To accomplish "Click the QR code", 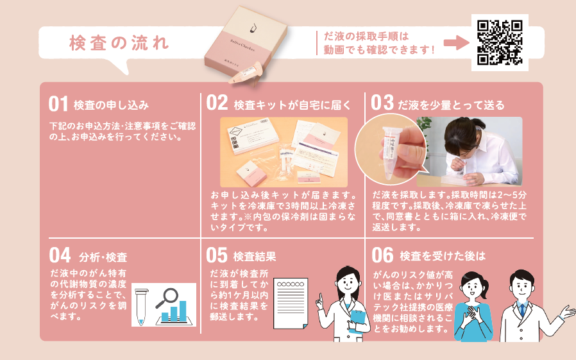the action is [x=500, y=42].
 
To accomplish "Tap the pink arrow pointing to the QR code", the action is [x=456, y=42].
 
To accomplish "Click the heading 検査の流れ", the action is [x=119, y=43].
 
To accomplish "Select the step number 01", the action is [x=58, y=104].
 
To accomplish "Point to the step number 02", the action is [x=217, y=103].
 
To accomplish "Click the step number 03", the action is [x=382, y=103].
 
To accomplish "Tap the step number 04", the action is [x=60, y=255].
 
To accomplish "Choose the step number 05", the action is [x=217, y=255].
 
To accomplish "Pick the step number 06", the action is [x=382, y=255].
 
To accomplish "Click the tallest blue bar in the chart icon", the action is [x=183, y=311].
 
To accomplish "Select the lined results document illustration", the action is [x=291, y=304].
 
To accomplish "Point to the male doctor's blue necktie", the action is [x=522, y=310].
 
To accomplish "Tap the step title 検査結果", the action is [x=255, y=256].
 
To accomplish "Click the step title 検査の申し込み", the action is [x=112, y=105].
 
